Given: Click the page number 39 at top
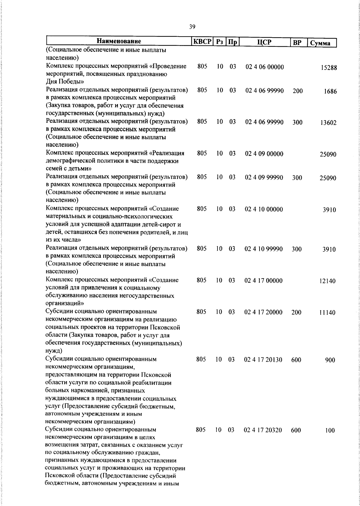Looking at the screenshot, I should pyautogui.click(x=192, y=27).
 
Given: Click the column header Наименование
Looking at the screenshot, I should pyautogui.click(x=119, y=41).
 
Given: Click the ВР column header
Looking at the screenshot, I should pyautogui.click(x=297, y=43).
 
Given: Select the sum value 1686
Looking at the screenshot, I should pyautogui.click(x=330, y=92).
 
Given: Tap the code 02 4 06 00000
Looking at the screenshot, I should pyautogui.click(x=265, y=67).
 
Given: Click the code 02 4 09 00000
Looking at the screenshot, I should pyautogui.click(x=264, y=154).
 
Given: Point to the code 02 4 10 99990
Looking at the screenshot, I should pyautogui.click(x=264, y=249).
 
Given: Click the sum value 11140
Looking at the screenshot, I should pyautogui.click(x=327, y=313).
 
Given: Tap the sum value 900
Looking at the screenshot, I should pyautogui.click(x=330, y=360).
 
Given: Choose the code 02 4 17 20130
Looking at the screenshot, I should pyautogui.click(x=263, y=360).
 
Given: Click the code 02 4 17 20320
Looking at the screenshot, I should pyautogui.click(x=263, y=430).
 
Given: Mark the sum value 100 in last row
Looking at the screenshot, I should pyautogui.click(x=330, y=431).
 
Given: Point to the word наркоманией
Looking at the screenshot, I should pyautogui.click(x=86, y=391).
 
